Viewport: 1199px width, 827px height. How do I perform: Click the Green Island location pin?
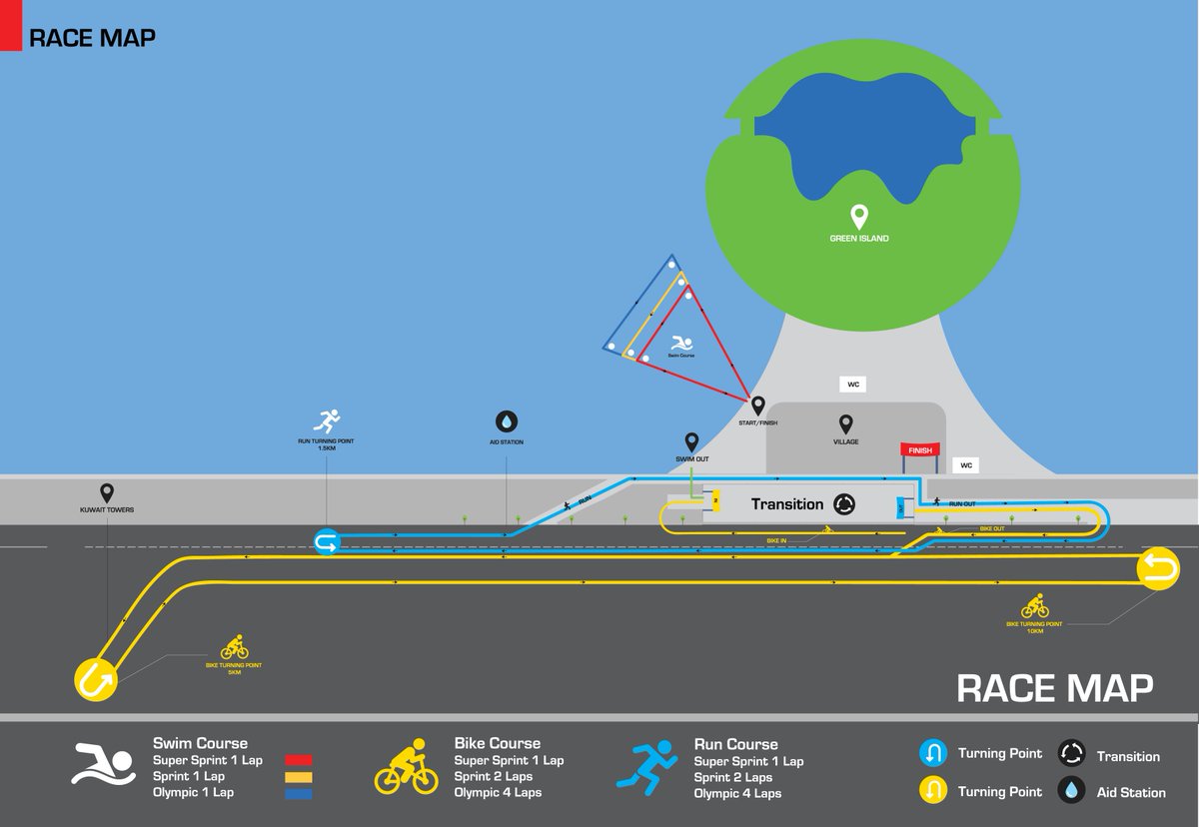click(857, 216)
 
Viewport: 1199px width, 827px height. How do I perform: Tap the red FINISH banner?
click(919, 450)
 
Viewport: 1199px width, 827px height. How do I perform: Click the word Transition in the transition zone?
click(787, 504)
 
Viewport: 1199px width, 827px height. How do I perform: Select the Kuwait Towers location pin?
click(107, 492)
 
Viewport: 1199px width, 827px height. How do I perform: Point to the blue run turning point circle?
click(327, 542)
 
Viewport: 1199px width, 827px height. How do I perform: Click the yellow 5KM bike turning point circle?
click(96, 679)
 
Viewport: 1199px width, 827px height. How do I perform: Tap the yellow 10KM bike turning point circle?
click(1157, 569)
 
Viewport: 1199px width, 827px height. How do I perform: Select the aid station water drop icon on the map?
click(507, 421)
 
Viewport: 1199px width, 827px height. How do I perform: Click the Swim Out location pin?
click(690, 441)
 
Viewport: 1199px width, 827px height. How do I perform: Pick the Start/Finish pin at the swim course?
click(757, 406)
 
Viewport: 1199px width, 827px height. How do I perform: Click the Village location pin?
click(845, 423)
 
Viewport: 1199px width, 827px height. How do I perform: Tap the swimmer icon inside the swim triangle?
click(680, 342)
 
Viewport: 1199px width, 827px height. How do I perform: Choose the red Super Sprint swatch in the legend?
click(299, 760)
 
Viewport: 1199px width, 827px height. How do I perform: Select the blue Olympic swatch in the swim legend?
click(299, 794)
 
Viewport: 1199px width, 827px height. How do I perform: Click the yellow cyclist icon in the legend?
click(406, 768)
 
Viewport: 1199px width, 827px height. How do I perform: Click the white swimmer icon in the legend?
click(102, 765)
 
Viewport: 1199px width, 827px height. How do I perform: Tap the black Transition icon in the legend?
click(1072, 754)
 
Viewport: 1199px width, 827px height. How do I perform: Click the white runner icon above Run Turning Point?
click(327, 421)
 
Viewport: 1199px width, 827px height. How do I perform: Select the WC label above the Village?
click(853, 385)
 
